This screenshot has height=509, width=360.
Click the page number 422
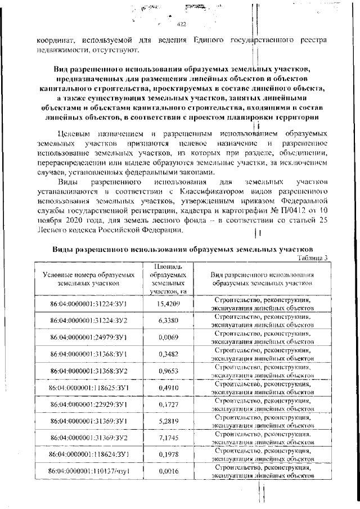coord(181,24)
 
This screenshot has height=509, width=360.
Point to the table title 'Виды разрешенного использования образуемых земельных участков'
coord(182,249)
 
